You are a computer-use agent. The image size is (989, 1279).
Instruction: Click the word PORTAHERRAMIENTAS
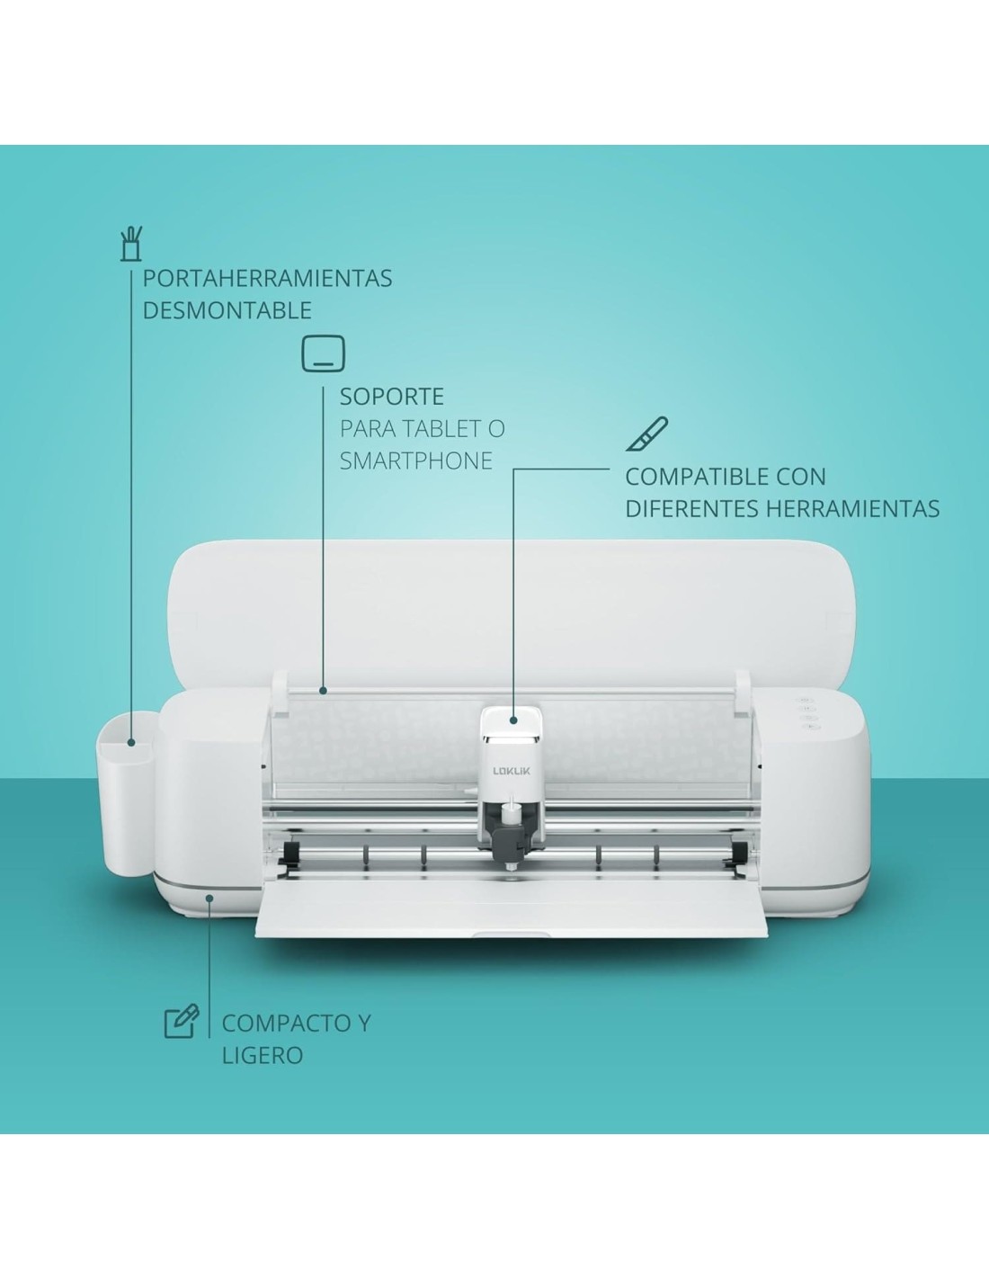(x=267, y=279)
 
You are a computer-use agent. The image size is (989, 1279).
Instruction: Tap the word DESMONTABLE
(x=227, y=310)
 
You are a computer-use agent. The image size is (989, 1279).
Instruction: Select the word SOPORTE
(x=392, y=397)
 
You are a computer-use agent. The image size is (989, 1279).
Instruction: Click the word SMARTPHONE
(x=416, y=461)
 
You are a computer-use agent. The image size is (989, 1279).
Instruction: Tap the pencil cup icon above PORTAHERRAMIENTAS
(x=130, y=244)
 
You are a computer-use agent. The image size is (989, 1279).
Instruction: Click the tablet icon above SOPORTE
(x=323, y=353)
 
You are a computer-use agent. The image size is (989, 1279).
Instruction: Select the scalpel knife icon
(x=646, y=434)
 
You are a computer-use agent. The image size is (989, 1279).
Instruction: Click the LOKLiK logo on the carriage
(x=512, y=772)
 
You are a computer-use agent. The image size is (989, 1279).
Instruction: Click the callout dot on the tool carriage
(x=513, y=720)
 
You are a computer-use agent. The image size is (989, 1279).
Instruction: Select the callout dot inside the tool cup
(x=131, y=743)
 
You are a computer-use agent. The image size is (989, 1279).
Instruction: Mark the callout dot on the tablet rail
(x=323, y=691)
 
